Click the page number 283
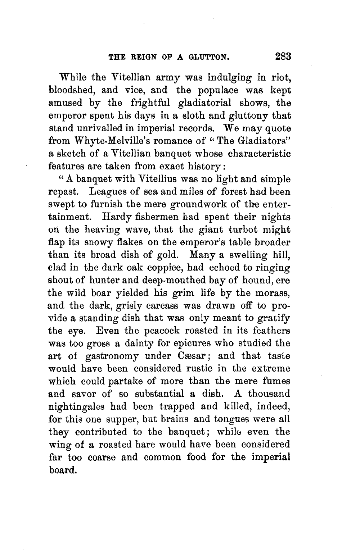tap(283, 56)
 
